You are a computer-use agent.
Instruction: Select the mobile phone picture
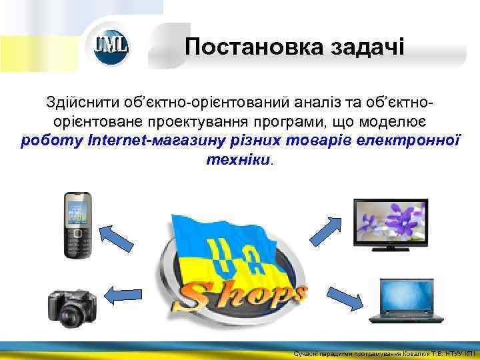(77, 225)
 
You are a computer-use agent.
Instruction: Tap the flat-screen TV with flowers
(391, 221)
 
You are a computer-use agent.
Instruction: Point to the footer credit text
(384, 353)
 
